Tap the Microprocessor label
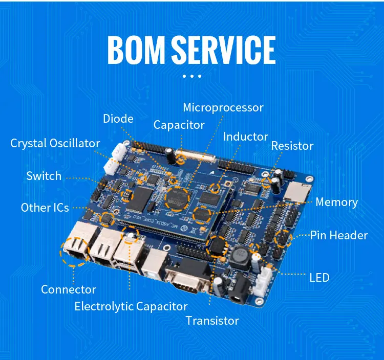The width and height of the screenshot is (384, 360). coord(223,108)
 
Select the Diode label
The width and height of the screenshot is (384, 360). coord(118,119)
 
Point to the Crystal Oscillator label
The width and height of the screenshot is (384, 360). coord(55,143)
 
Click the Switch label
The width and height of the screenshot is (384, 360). coord(44,176)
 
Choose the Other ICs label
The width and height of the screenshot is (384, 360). coord(45,208)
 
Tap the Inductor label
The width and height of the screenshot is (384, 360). coord(245,137)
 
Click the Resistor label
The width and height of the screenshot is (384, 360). coord(292,146)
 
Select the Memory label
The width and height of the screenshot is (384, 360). coord(336,202)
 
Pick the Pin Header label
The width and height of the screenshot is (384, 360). coord(338,235)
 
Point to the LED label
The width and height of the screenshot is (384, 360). coord(319,278)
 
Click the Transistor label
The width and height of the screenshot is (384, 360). coord(212,321)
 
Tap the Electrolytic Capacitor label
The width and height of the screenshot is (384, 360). coord(131,307)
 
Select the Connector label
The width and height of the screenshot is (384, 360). coord(69,290)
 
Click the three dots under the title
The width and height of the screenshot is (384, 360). coord(191,77)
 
